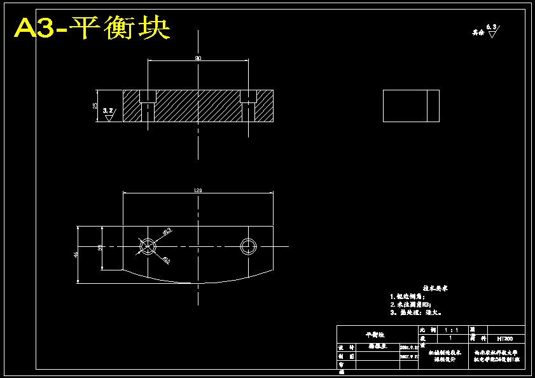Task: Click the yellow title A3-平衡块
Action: tap(92, 28)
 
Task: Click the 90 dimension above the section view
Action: tap(198, 58)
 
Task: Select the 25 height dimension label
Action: tap(95, 106)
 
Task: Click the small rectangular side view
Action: tap(411, 106)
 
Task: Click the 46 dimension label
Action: tap(76, 255)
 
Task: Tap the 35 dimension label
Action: tap(100, 248)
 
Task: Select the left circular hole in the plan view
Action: tap(148, 246)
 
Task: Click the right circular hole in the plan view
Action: tap(248, 246)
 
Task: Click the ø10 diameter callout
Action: tap(166, 260)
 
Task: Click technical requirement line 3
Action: tap(415, 312)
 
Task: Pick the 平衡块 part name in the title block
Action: tap(375, 334)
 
